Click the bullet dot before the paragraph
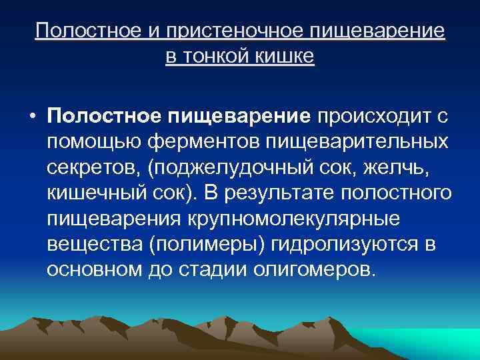[32, 117]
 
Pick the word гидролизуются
[346, 244]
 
